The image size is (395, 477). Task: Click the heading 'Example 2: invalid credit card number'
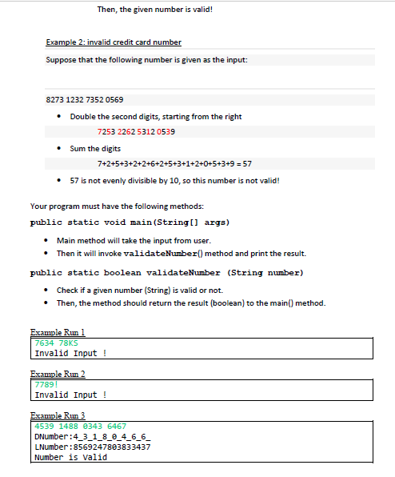click(114, 42)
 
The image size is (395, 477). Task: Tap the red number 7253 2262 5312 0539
click(136, 131)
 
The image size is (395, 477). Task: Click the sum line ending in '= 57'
click(175, 162)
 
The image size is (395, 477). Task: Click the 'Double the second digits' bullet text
click(156, 117)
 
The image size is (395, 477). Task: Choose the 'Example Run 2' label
click(57, 375)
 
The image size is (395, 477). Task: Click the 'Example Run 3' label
click(57, 418)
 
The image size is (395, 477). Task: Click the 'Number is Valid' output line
click(71, 457)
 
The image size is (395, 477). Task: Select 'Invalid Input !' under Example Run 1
click(71, 353)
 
